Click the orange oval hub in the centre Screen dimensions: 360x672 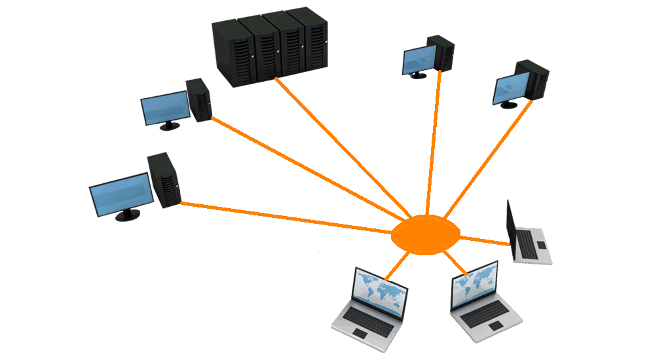tap(424, 235)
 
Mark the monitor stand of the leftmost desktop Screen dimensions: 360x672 tap(128, 215)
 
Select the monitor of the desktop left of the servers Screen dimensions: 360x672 tap(165, 107)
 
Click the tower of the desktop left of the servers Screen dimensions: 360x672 tap(199, 100)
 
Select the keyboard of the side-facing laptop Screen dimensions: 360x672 tap(528, 244)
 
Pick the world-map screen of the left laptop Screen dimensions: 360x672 tap(380, 291)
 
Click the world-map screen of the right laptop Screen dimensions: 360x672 tap(474, 285)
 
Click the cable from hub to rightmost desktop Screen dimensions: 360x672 tap(488, 160)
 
